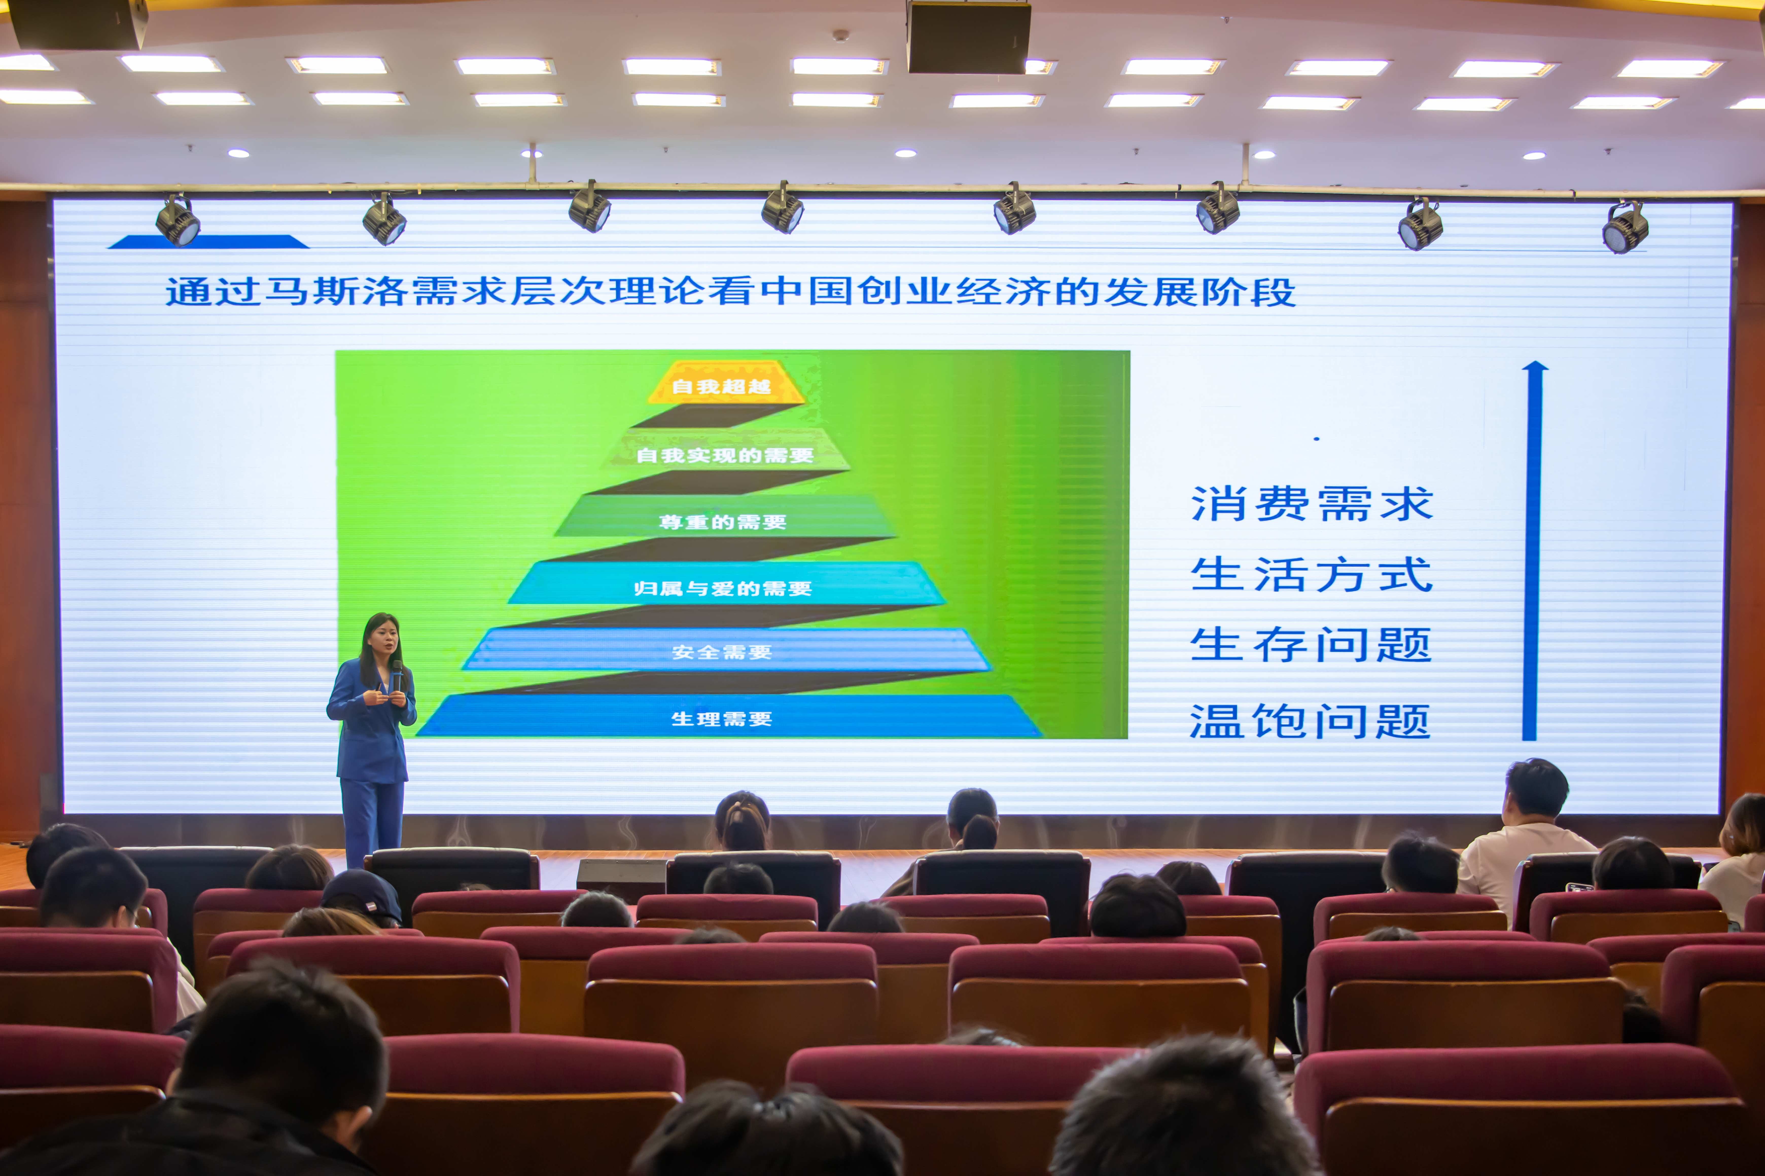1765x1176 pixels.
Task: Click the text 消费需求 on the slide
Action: pyautogui.click(x=1312, y=503)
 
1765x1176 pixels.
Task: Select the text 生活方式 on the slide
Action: pyautogui.click(x=1312, y=575)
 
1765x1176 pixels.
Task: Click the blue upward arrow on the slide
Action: pyautogui.click(x=1531, y=551)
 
